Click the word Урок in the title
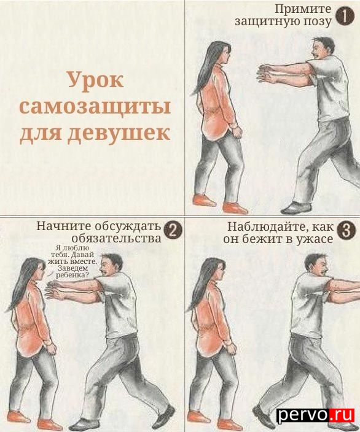click(x=95, y=80)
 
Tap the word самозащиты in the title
click(x=95, y=107)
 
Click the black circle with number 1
click(x=345, y=16)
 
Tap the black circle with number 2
click(x=173, y=231)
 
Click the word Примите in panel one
click(x=303, y=9)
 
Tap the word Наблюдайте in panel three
click(x=267, y=227)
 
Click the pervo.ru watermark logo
click(x=315, y=415)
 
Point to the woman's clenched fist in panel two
click(x=52, y=349)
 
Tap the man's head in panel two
click(x=111, y=265)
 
